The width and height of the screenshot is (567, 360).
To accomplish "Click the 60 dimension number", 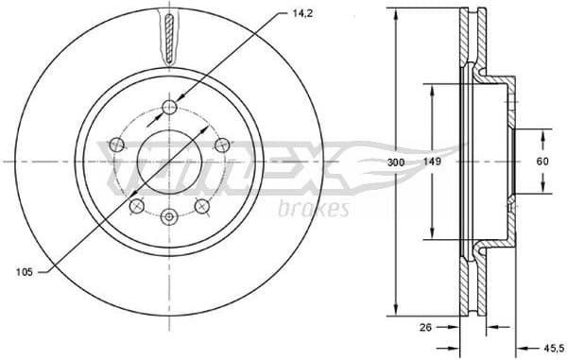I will (x=543, y=162).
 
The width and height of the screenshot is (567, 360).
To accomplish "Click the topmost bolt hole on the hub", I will (x=169, y=106).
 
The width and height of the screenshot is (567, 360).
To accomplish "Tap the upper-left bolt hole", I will (x=116, y=144).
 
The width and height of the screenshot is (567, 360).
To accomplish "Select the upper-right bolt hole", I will (x=222, y=144).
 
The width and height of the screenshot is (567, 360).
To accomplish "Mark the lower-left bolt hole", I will (x=137, y=206).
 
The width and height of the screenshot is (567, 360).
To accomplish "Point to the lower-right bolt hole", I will (x=201, y=206).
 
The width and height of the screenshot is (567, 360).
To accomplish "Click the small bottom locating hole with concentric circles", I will (x=169, y=217).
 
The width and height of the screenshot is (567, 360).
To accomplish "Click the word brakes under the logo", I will (x=315, y=208).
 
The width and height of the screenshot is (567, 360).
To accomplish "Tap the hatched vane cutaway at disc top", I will (x=168, y=38).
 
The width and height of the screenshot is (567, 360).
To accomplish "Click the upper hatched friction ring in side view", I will (x=469, y=43).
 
